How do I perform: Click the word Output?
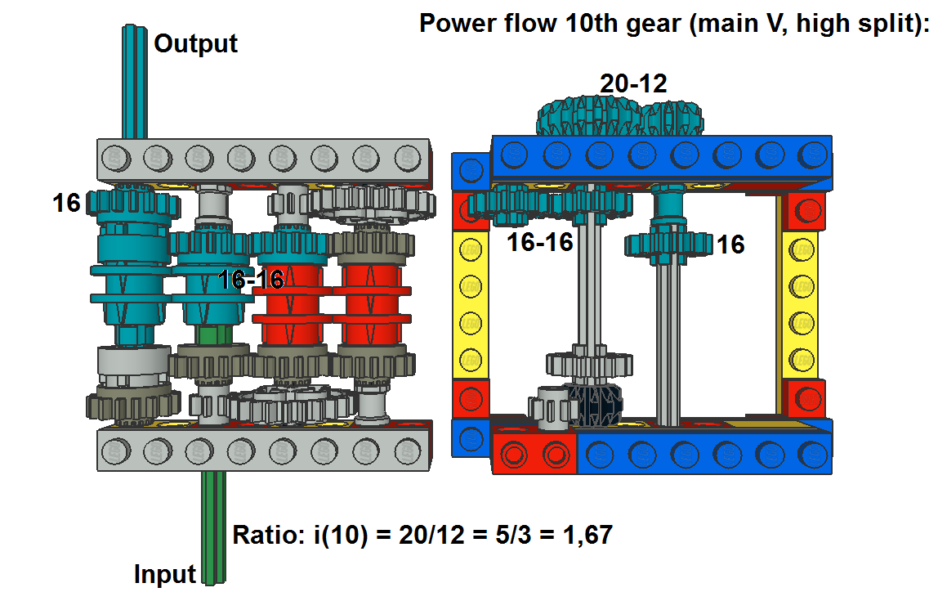195,43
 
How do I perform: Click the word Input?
164,574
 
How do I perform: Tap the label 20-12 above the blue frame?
633,83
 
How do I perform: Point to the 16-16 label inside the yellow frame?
539,242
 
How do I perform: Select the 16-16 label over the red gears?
251,280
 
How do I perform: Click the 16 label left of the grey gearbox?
66,203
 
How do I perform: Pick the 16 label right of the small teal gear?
730,244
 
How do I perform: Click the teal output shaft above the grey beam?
135,82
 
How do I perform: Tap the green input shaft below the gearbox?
213,527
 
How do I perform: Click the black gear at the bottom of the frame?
594,405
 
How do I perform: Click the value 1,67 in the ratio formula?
588,535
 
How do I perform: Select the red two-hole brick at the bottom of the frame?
534,454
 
